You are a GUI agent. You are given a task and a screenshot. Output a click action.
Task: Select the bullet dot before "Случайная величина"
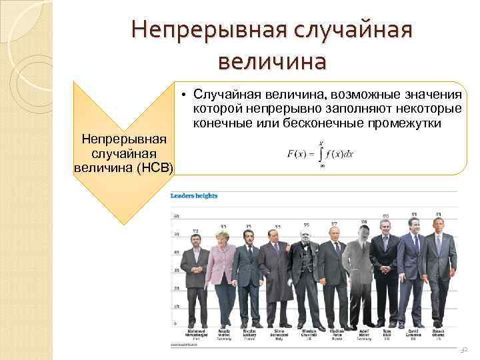coord(181,95)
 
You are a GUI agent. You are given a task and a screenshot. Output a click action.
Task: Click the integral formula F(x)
coord(320,155)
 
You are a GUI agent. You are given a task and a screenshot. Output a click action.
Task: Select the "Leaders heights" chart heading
coord(194,196)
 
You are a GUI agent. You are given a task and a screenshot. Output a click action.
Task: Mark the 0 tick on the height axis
coord(177,324)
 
